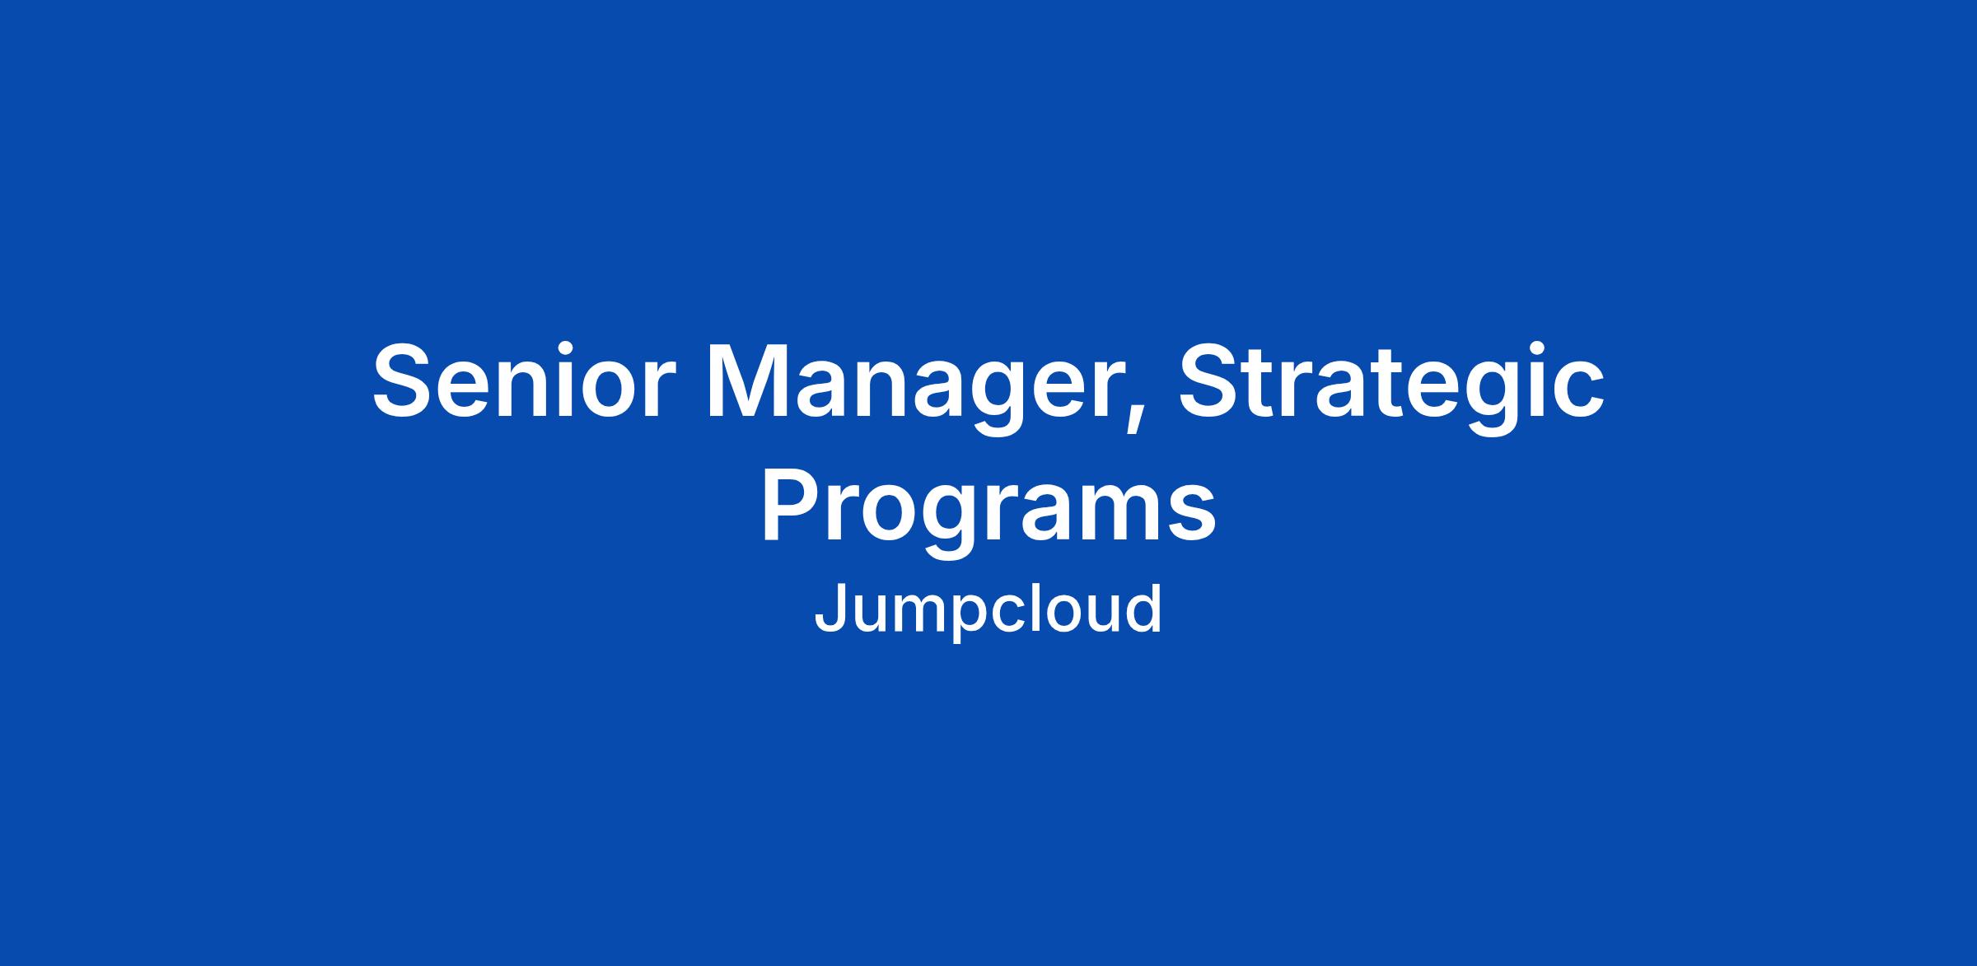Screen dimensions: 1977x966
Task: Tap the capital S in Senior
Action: pyautogui.click(x=404, y=380)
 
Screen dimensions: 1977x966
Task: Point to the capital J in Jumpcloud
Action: pyautogui.click(x=831, y=608)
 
